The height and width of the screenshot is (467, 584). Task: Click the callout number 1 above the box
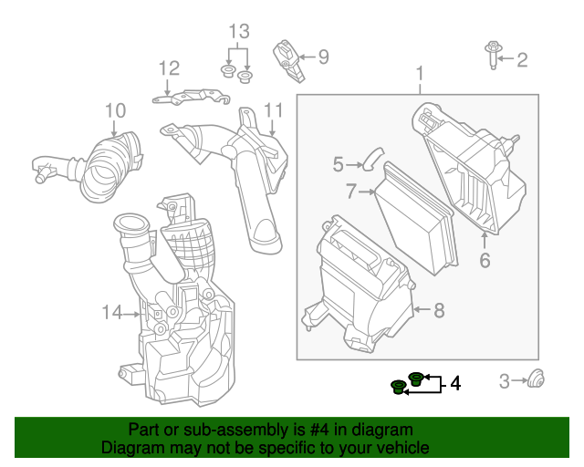[x=420, y=72]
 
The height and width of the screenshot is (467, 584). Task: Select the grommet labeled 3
[x=537, y=379]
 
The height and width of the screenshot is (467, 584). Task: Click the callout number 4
[x=454, y=383]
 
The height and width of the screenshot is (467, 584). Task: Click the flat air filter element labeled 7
[x=414, y=219]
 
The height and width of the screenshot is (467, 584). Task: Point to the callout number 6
[x=485, y=260]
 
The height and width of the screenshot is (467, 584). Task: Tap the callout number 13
[x=238, y=34]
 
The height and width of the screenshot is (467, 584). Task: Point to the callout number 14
[x=111, y=313]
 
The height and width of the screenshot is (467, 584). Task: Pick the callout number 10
[x=114, y=110]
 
